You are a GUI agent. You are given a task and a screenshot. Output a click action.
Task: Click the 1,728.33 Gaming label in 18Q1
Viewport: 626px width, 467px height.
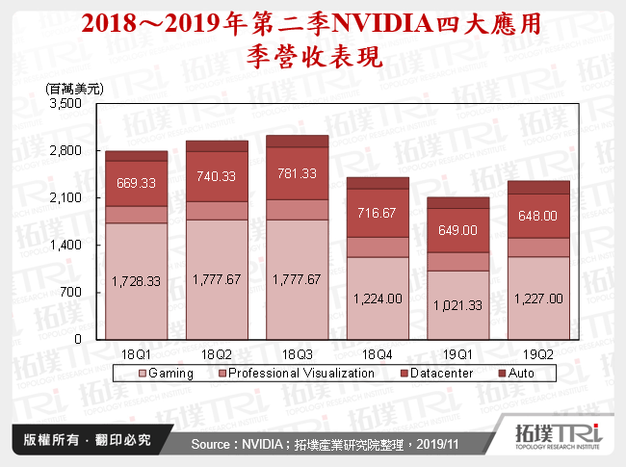pos(137,281)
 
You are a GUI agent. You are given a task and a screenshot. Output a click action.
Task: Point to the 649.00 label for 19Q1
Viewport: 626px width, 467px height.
pos(458,230)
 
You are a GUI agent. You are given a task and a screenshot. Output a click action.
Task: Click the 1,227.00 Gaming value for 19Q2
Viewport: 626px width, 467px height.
pos(538,298)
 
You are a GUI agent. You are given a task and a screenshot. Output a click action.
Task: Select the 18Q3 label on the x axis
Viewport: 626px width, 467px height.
pos(298,353)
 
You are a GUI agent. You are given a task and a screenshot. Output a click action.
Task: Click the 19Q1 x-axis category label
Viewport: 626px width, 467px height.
pos(458,353)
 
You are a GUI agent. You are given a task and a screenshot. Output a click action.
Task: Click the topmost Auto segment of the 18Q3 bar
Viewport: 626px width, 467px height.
pos(298,141)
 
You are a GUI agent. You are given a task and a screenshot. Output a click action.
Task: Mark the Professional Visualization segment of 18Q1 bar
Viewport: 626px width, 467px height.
pos(137,215)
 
